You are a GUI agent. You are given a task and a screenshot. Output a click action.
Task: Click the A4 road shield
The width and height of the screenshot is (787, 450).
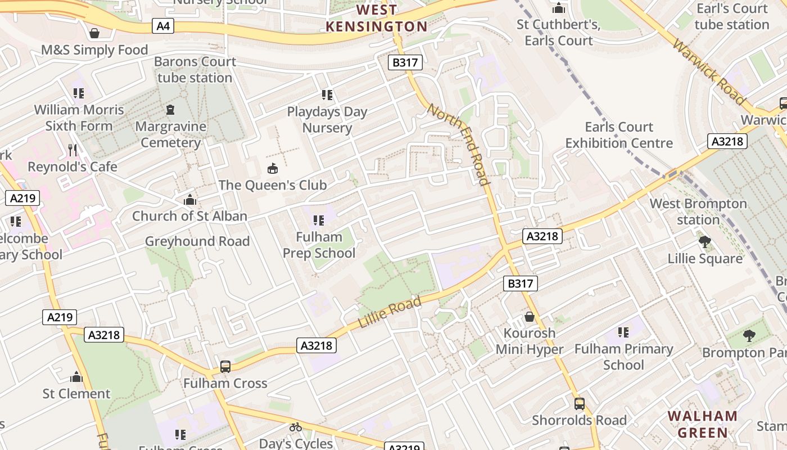point(163,26)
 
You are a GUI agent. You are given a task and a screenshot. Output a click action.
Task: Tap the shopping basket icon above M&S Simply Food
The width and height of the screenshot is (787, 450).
point(94,33)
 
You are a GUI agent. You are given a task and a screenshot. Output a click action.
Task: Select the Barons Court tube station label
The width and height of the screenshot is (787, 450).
point(195,69)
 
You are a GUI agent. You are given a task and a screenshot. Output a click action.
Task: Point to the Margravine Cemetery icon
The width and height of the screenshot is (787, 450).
point(171,109)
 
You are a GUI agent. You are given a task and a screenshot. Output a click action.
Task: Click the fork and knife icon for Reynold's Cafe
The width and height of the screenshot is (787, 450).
point(72,150)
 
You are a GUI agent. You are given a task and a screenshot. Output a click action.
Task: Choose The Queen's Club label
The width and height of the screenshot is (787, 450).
point(273,185)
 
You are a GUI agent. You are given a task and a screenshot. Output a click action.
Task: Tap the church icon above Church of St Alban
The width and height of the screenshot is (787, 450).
point(190,200)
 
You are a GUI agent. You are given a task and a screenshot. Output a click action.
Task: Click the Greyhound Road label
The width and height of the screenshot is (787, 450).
point(197,241)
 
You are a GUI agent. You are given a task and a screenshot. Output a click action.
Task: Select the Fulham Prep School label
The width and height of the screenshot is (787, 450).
point(319,245)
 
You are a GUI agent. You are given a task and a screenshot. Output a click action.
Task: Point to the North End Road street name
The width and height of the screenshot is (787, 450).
point(458,143)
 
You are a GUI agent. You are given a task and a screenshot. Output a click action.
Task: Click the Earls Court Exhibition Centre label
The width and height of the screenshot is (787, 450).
point(619,135)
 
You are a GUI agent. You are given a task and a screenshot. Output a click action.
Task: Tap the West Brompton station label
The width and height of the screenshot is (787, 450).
point(698,211)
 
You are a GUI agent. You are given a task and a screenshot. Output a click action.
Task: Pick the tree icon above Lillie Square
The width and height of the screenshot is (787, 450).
point(704,242)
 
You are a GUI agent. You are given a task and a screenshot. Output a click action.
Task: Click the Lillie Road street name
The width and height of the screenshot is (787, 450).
point(390,314)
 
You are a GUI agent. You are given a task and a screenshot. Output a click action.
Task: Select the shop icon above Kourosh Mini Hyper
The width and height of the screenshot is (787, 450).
point(529,317)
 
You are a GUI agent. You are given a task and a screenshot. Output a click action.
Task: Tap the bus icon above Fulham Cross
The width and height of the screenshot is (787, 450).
point(225,367)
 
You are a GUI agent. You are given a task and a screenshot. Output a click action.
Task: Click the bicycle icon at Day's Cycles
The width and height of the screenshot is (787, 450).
point(296,427)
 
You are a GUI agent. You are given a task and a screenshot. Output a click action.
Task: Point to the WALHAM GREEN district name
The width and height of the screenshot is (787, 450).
point(703,424)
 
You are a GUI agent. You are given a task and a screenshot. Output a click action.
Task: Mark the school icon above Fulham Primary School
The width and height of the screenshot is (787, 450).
point(623,332)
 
